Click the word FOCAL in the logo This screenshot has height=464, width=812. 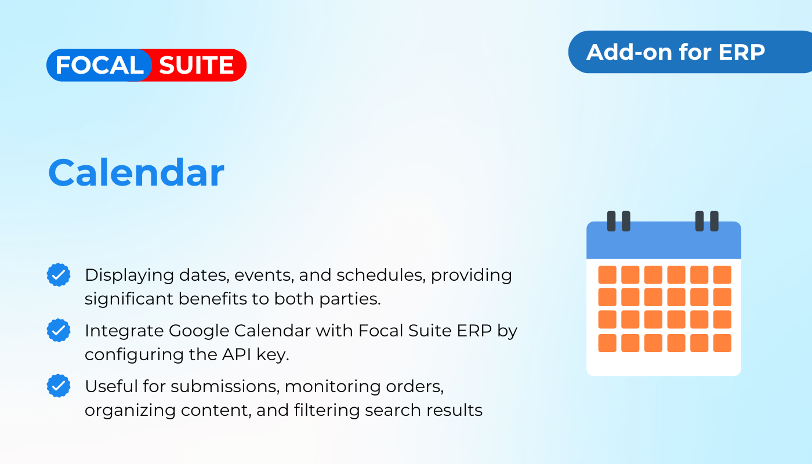(x=99, y=65)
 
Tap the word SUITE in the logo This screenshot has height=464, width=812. (x=196, y=65)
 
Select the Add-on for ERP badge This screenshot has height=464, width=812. (x=690, y=52)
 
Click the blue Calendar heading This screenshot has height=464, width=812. (x=136, y=173)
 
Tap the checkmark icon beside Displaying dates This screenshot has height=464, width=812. (x=59, y=275)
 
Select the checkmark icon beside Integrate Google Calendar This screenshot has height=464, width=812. (x=59, y=330)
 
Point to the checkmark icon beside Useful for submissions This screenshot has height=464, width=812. (x=59, y=386)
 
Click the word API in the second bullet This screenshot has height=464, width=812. (x=237, y=354)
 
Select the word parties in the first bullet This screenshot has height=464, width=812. (x=350, y=299)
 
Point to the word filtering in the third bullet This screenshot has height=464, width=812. (x=327, y=411)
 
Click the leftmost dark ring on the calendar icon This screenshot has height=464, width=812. (x=611, y=221)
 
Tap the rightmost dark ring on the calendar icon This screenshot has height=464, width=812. (x=714, y=221)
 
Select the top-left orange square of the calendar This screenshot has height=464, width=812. (x=607, y=275)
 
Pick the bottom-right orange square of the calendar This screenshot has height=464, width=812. (x=722, y=343)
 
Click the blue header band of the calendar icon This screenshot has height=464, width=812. (x=664, y=241)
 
